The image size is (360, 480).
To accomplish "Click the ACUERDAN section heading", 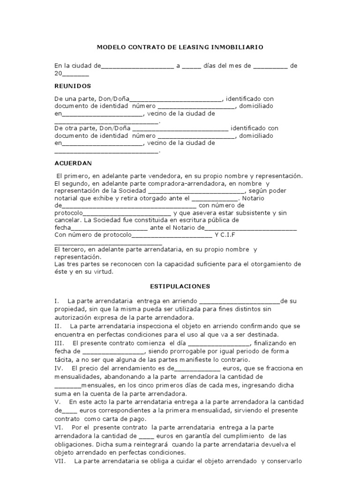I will pos(74,163).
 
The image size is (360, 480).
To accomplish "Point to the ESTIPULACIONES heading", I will pos(180,286).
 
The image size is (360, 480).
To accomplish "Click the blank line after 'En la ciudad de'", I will pos(137,66).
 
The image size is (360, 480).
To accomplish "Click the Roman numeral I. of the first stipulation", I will pos(56,300).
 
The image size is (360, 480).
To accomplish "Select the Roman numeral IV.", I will pos(59,369).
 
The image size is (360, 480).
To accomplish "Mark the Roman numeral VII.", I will pos(60,461).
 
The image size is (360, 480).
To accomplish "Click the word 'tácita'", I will pos(63,359).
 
